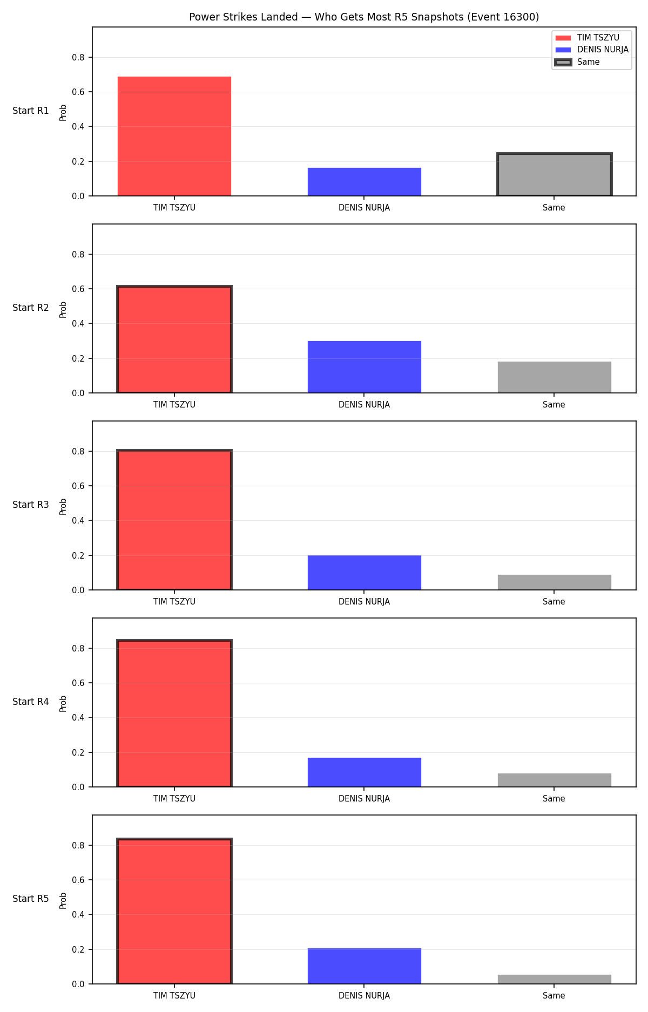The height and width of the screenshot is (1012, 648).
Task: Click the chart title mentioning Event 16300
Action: [x=364, y=17]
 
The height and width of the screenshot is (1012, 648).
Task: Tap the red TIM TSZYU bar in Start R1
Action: [x=174, y=136]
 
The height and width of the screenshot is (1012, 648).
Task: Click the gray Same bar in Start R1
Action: [x=555, y=174]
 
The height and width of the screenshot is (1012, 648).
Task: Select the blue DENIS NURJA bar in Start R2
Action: [x=364, y=367]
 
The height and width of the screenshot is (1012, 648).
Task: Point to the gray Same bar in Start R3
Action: [x=555, y=582]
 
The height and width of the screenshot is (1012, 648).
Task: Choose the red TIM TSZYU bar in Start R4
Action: [x=174, y=714]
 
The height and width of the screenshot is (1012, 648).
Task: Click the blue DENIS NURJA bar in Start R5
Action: [x=364, y=966]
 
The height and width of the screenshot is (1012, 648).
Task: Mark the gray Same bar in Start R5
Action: [x=555, y=979]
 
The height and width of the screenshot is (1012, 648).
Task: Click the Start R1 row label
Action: [x=31, y=111]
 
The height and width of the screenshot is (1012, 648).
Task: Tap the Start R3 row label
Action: [x=31, y=505]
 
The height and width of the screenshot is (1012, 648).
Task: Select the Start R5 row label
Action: [x=31, y=899]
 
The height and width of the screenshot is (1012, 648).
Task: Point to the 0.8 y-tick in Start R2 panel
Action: [x=79, y=254]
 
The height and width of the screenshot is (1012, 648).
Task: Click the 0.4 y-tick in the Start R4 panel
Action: [x=79, y=718]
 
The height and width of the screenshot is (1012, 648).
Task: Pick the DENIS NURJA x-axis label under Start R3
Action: [x=364, y=602]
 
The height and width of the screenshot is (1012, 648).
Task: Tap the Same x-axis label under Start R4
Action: [x=554, y=799]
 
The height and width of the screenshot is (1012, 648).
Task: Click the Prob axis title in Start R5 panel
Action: [x=63, y=900]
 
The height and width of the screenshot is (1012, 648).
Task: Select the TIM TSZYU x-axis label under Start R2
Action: [x=174, y=405]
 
